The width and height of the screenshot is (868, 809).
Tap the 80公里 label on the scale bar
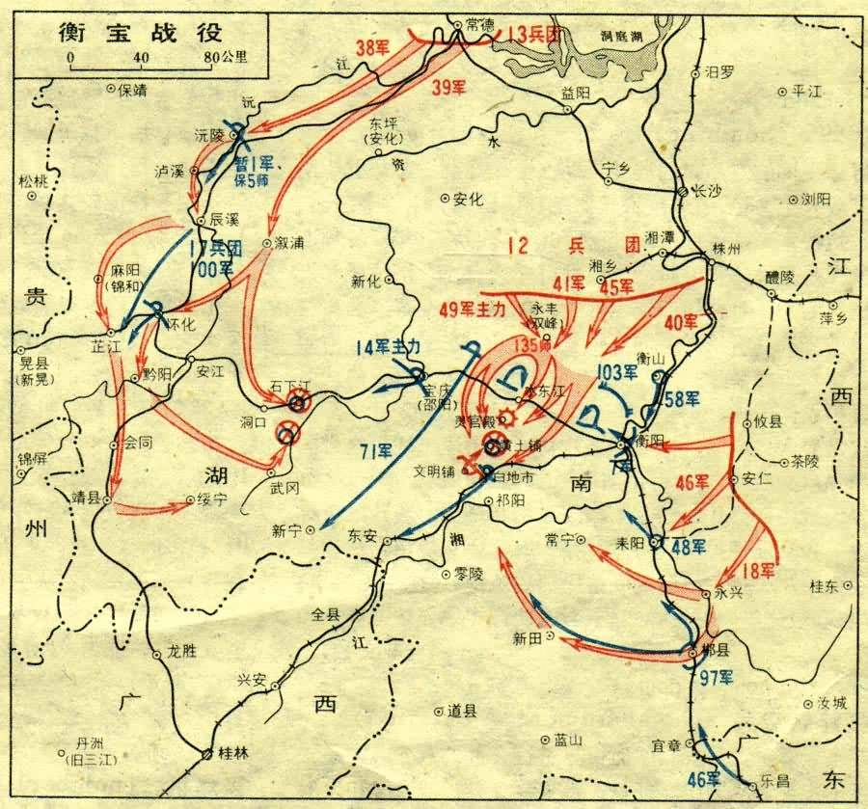coord(225,56)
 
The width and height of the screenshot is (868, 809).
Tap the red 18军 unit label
coord(760,571)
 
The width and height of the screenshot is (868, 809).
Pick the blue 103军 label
coord(617,370)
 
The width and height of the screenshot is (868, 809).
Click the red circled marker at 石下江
coord(299,404)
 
